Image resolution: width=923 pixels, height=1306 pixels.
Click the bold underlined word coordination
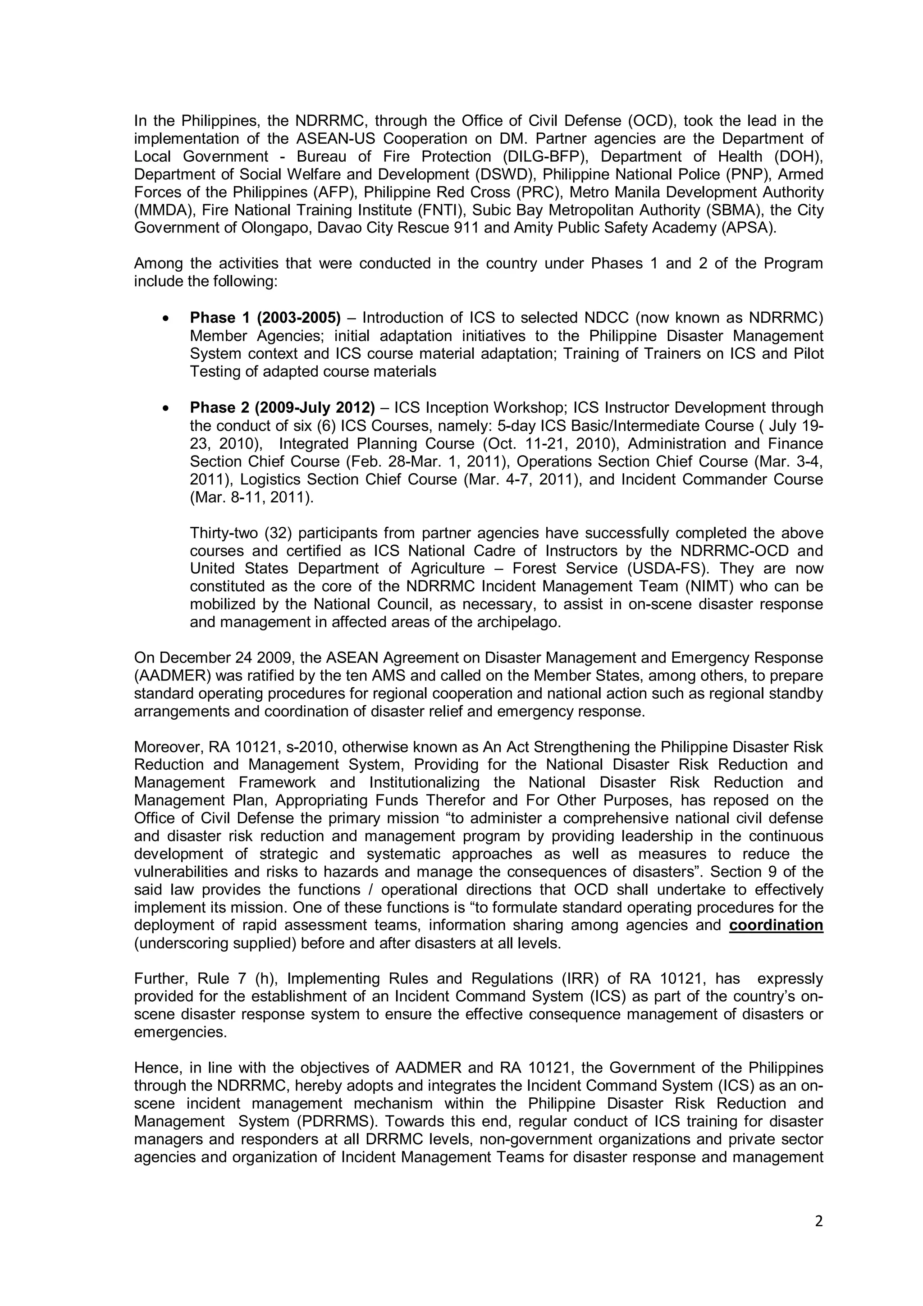coord(776,926)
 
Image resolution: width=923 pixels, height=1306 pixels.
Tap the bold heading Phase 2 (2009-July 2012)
coord(282,407)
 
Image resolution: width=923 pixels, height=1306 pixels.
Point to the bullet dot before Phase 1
coord(165,319)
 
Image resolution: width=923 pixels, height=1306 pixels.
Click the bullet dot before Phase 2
coord(165,408)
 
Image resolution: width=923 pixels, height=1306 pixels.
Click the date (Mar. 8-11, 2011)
coord(251,497)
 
